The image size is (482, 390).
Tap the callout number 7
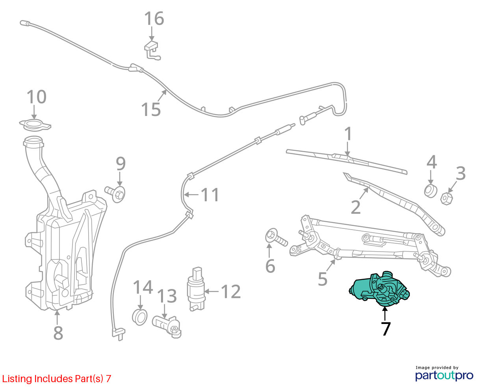pos(386,329)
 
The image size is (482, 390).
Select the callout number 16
pos(154,18)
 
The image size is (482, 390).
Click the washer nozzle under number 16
pos(152,50)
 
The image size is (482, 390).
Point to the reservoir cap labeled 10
pos(35,125)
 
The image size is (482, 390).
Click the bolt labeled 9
pos(115,194)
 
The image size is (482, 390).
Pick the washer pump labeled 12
pos(196,289)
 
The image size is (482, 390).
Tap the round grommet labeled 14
pos(140,317)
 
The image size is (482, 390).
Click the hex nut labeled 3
pos(447,199)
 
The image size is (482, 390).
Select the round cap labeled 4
pos(430,191)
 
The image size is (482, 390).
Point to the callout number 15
pos(151,109)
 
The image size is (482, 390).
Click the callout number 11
pos(210,195)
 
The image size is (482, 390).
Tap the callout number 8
pos(58,333)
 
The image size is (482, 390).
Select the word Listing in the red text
pos(17,379)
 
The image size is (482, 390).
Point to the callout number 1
pos(348,134)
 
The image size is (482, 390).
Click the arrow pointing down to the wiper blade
pos(348,149)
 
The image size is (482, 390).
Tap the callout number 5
pos(323,279)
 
